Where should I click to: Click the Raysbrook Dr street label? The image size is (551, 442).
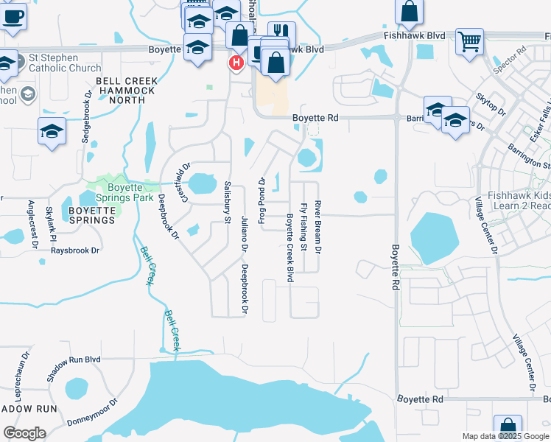coord(74,250)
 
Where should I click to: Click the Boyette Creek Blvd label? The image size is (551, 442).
coord(289,248)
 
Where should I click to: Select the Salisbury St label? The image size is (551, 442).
coord(227,200)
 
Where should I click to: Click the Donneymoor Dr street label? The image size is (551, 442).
coord(92,413)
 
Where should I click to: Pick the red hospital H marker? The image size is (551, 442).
coord(236,63)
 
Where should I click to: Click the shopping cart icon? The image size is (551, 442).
coord(469,41)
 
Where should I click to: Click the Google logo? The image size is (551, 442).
coord(24,432)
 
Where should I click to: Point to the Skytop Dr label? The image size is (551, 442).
coord(490,105)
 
